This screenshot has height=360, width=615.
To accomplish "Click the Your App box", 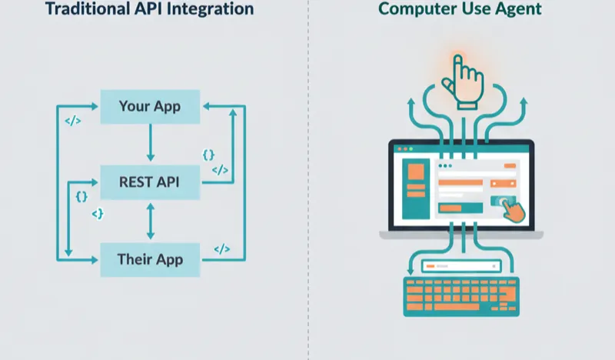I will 150,106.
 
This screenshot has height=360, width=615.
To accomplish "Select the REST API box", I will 150,182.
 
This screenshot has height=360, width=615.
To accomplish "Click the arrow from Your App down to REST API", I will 151,144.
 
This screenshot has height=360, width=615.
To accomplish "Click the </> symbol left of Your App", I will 72,121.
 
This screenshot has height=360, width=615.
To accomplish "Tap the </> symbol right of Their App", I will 221,248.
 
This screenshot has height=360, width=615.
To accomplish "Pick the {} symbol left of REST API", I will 81,196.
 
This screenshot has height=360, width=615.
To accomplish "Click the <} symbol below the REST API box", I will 98,213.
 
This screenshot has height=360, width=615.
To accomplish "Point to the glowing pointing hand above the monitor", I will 464,81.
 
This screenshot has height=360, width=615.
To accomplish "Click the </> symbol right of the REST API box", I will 219,170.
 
